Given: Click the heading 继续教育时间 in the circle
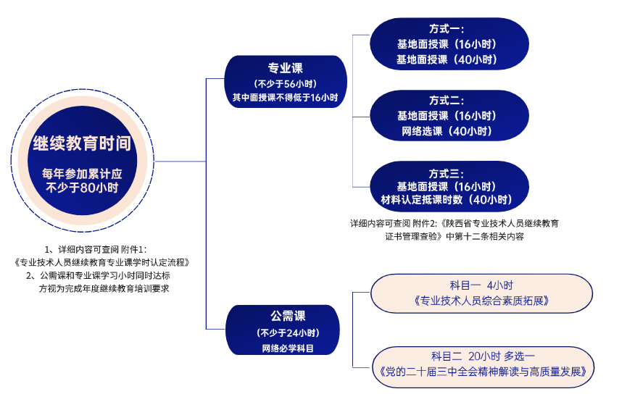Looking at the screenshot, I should click(82, 143).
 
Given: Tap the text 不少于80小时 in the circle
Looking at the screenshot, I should click(82, 188).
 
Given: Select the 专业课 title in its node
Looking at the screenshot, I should click(286, 69).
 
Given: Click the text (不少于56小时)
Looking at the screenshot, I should click(286, 84).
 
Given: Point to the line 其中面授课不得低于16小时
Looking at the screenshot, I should click(286, 97).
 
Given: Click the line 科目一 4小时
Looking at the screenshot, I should click(481, 285).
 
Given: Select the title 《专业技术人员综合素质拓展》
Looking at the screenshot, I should click(481, 300).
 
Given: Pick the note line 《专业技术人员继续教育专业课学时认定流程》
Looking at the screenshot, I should click(101, 262).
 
